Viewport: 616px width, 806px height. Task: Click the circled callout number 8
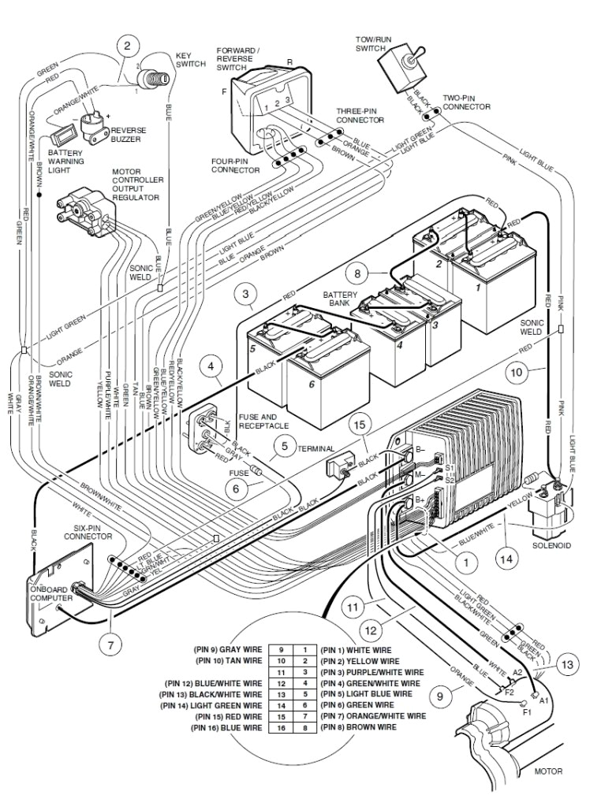(357, 274)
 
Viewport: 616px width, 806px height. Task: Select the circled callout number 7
(110, 643)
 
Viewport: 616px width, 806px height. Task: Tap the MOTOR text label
(547, 771)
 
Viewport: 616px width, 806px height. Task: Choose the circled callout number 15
(359, 426)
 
